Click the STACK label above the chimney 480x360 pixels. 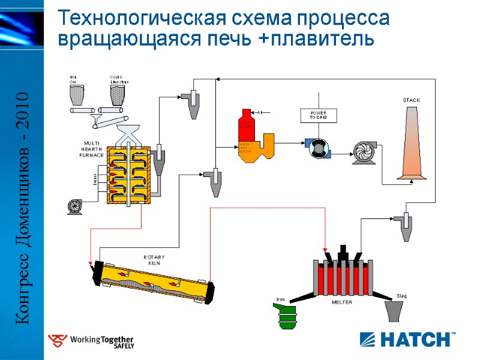pyautogui.click(x=411, y=100)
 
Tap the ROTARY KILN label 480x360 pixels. pyautogui.click(x=154, y=260)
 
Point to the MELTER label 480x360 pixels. pyautogui.click(x=343, y=302)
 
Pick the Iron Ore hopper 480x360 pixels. pyautogui.click(x=77, y=94)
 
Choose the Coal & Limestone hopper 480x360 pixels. pyautogui.click(x=118, y=94)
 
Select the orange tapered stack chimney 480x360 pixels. pyautogui.click(x=412, y=144)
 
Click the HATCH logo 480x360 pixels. pyautogui.click(x=407, y=339)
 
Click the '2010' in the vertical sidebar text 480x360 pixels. pyautogui.click(x=23, y=115)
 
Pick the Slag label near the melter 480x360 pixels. pyautogui.click(x=402, y=296)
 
